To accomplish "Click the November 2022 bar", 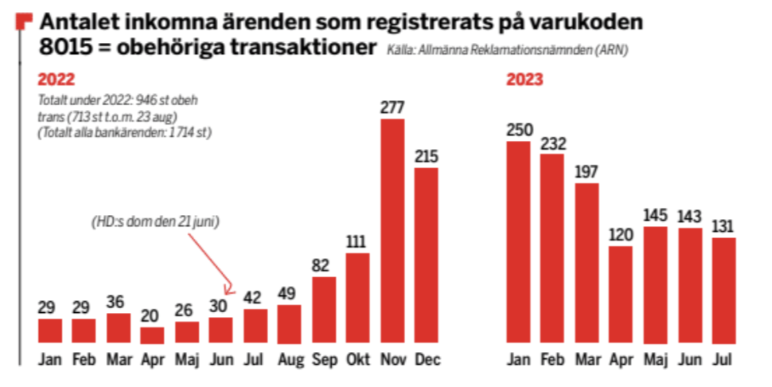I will [x=392, y=231].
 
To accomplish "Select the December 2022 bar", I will [x=427, y=255].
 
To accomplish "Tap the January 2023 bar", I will [x=520, y=243].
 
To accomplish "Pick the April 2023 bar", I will [x=621, y=295].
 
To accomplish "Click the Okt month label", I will [x=357, y=360].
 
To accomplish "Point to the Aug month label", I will [x=289, y=360].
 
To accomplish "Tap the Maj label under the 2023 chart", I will [x=655, y=360].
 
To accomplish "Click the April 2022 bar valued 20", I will [x=152, y=334].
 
